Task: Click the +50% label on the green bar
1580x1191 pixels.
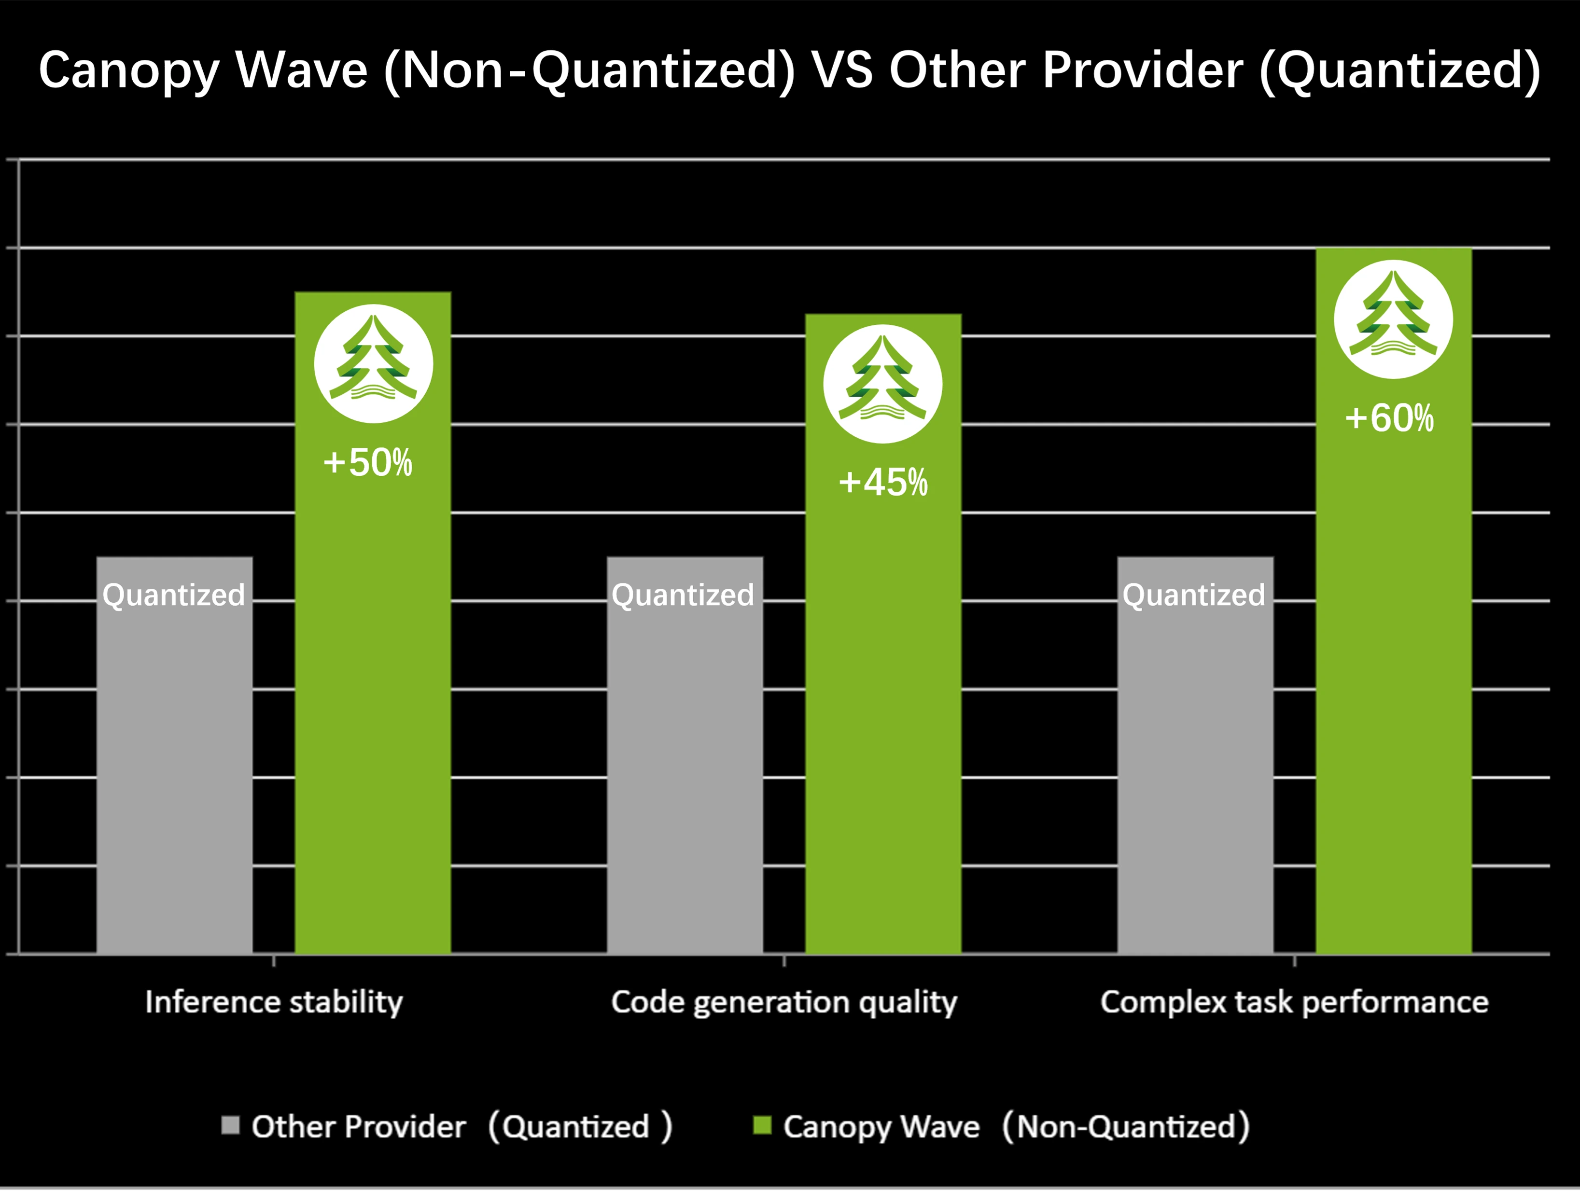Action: point(368,463)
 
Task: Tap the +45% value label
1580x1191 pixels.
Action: point(883,483)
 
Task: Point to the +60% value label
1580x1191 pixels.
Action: point(1389,418)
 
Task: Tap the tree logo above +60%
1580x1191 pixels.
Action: point(1393,319)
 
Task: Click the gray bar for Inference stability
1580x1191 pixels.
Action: point(174,771)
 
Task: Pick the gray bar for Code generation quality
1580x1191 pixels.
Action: point(685,771)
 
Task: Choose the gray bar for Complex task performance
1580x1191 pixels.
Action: point(1195,771)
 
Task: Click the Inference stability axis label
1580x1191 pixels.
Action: point(274,1002)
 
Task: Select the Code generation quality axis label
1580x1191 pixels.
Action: point(783,1002)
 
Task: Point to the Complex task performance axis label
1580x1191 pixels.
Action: point(1294,1002)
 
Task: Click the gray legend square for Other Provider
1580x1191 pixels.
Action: point(230,1125)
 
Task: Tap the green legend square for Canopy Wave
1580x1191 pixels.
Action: point(762,1125)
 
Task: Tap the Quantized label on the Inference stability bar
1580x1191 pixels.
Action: point(174,595)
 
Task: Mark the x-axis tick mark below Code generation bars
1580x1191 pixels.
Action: point(783,961)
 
